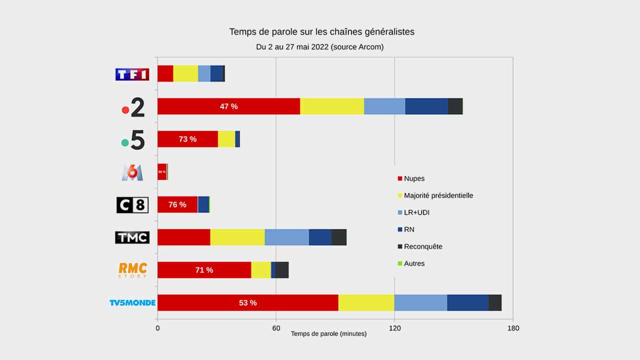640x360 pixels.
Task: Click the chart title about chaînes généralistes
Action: [321, 32]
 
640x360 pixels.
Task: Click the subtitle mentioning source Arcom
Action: [320, 46]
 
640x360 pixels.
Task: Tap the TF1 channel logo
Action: [132, 74]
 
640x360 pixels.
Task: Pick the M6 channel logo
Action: [132, 172]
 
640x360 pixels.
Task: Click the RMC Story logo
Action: [132, 270]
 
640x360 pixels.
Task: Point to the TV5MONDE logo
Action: [132, 303]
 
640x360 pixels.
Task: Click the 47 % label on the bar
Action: [229, 106]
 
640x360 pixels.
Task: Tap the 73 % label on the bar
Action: [187, 139]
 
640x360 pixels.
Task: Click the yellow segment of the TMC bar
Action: [237, 237]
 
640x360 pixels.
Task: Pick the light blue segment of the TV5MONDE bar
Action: [420, 302]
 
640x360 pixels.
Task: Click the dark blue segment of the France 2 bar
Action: [426, 106]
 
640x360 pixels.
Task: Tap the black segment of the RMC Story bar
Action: [281, 270]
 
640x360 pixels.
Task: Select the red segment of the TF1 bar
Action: [165, 73]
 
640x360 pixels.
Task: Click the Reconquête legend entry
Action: [423, 246]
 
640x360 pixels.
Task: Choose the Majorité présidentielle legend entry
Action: [438, 195]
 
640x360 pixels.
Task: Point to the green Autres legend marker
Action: [399, 263]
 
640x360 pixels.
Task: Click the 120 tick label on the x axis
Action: [394, 328]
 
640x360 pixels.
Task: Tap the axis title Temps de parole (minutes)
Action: [328, 333]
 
